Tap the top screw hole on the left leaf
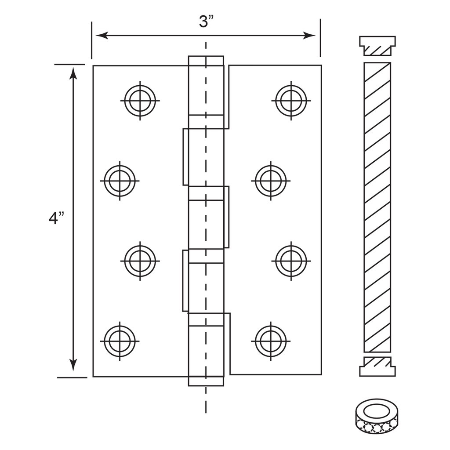[x=140, y=101]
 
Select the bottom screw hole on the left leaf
[x=120, y=341]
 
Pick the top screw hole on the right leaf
[x=291, y=101]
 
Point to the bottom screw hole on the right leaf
[x=271, y=341]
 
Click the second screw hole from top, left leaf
[x=120, y=181]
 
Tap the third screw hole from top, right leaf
[x=291, y=261]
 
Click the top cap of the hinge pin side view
[x=377, y=46]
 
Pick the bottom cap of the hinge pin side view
[x=377, y=367]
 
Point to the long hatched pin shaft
[x=377, y=207]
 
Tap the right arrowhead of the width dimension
[x=309, y=36]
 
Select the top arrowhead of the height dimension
[x=74, y=73]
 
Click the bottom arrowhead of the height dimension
[x=74, y=365]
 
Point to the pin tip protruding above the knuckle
[x=206, y=61]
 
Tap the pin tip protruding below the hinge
[x=206, y=381]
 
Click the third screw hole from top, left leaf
[x=140, y=261]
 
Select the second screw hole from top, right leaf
[x=271, y=181]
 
